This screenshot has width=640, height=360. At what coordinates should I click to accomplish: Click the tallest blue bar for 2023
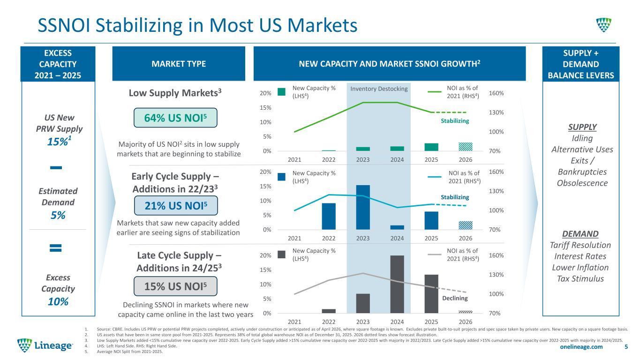click(x=363, y=207)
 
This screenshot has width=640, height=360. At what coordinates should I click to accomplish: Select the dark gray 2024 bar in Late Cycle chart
click(x=397, y=284)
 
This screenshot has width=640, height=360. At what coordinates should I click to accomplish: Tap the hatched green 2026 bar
click(x=466, y=147)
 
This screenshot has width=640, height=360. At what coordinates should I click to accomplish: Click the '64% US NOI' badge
click(x=175, y=118)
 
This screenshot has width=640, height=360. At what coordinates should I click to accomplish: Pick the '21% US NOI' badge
click(x=176, y=205)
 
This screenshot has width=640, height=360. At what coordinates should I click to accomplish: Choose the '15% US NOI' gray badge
click(x=175, y=286)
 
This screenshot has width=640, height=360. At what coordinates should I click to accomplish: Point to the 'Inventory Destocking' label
click(x=379, y=89)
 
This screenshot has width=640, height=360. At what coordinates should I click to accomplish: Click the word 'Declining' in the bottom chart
click(x=455, y=298)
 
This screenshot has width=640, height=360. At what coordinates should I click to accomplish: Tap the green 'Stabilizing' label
click(x=455, y=121)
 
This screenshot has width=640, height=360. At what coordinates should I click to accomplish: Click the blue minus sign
click(x=56, y=167)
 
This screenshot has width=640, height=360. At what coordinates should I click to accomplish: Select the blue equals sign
click(x=55, y=247)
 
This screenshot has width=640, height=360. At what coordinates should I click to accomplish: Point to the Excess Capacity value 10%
click(x=58, y=302)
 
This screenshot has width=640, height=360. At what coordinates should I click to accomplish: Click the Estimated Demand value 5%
click(x=58, y=215)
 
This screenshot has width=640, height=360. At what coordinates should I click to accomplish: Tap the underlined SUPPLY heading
click(x=582, y=127)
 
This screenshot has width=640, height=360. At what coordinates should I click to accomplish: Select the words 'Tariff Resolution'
click(x=580, y=245)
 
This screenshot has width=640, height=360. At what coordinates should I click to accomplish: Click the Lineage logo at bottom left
click(x=45, y=345)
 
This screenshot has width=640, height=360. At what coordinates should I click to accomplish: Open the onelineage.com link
click(x=581, y=347)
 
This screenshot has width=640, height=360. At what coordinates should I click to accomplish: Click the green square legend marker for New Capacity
click(x=281, y=92)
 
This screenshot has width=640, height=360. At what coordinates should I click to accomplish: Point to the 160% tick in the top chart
click(x=496, y=93)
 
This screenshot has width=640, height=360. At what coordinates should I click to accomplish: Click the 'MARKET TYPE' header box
click(x=179, y=63)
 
